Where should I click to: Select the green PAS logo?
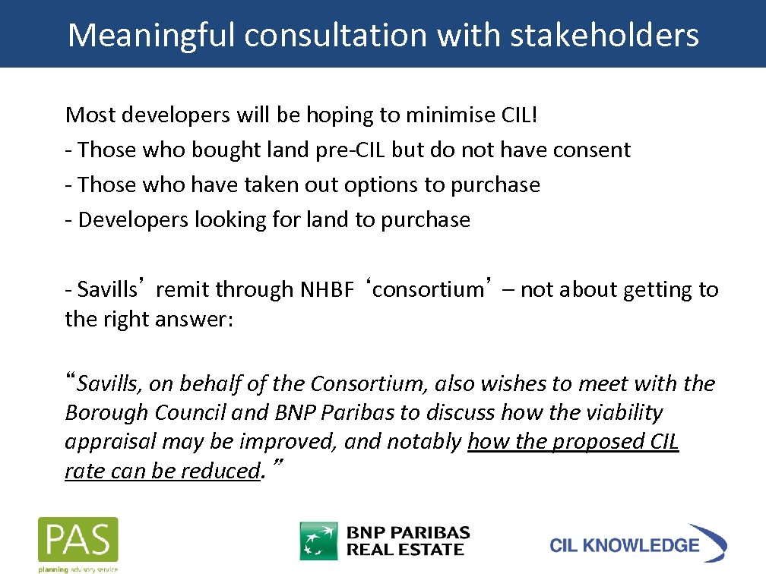pyautogui.click(x=78, y=541)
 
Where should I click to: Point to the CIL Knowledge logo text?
pyautogui.click(x=624, y=545)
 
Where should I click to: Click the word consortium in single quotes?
pyautogui.click(x=429, y=290)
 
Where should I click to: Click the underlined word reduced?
pyautogui.click(x=220, y=471)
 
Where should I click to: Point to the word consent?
pyautogui.click(x=591, y=150)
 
